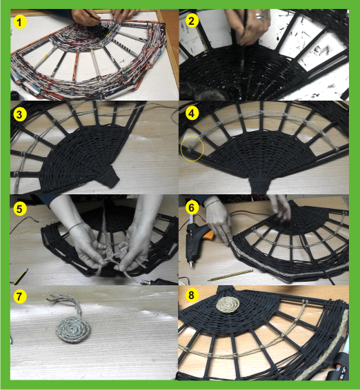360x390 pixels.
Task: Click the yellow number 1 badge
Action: point(20,22)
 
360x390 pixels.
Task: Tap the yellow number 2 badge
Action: point(192,21)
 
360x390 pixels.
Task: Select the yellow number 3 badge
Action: point(20,114)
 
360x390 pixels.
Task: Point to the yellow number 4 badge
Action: point(192,113)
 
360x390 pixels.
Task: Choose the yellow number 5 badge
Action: point(20,209)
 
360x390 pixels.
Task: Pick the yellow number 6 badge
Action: point(192,207)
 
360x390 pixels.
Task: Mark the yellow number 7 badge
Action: point(20,296)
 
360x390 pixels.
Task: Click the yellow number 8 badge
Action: point(192,295)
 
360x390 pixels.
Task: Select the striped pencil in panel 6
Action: point(231,275)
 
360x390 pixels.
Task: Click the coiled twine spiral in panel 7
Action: point(73,330)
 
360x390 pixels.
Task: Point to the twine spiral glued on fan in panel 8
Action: point(228,305)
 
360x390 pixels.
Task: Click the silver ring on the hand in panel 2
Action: point(261,17)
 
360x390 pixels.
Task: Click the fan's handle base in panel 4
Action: point(259,185)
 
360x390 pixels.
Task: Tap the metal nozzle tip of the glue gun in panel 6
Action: point(191,264)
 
